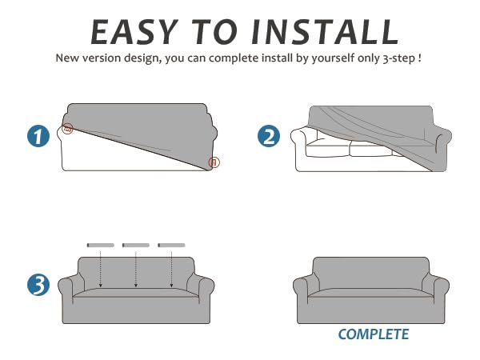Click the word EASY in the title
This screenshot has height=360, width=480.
pyautogui.click(x=134, y=32)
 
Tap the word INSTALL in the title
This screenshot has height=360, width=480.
pyautogui.click(x=325, y=32)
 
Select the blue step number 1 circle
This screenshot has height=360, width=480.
pyautogui.click(x=38, y=136)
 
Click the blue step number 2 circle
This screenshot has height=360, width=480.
pyautogui.click(x=269, y=136)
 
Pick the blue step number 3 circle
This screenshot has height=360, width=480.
pyautogui.click(x=38, y=285)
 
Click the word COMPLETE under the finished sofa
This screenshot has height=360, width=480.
pyautogui.click(x=374, y=334)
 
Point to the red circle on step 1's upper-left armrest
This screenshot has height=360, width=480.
pyautogui.click(x=68, y=128)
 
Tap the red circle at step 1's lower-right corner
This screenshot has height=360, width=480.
pyautogui.click(x=214, y=162)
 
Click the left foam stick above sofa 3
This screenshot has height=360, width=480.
pyautogui.click(x=101, y=246)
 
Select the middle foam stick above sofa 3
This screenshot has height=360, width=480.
pyautogui.click(x=136, y=246)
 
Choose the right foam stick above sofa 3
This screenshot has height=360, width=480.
pyautogui.click(x=171, y=246)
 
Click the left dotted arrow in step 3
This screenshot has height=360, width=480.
pyautogui.click(x=101, y=270)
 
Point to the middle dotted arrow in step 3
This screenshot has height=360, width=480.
pyautogui.click(x=136, y=270)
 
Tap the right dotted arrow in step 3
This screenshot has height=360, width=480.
pyautogui.click(x=171, y=270)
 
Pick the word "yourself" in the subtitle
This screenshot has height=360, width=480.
pyautogui.click(x=333, y=58)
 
